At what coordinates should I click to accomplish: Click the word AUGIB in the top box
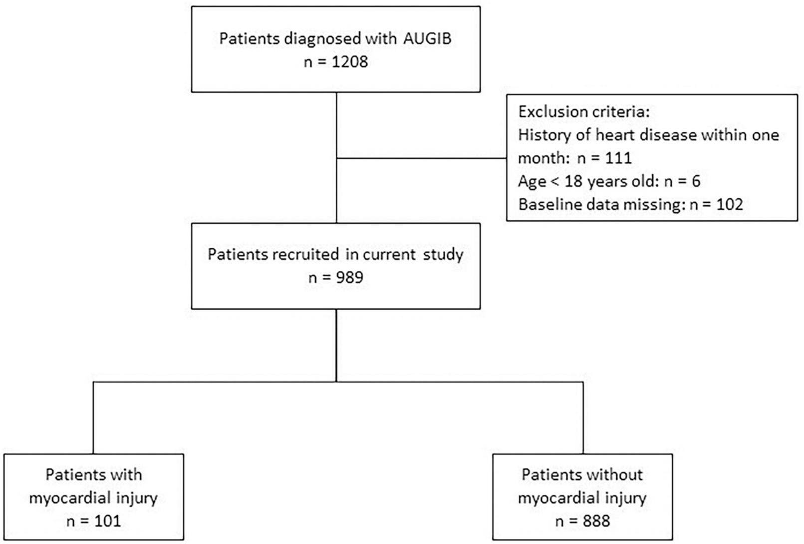pyautogui.click(x=427, y=38)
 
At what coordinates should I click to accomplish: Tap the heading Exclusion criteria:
pyautogui.click(x=584, y=111)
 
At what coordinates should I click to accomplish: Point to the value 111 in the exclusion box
pyautogui.click(x=618, y=158)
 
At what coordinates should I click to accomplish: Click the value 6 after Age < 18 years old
pyautogui.click(x=696, y=181)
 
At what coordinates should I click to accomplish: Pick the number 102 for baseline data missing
pyautogui.click(x=730, y=204)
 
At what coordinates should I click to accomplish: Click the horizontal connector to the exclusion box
pyautogui.click(x=422, y=158)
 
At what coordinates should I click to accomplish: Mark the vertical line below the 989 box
pyautogui.click(x=336, y=345)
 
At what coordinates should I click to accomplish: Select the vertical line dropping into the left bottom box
pyautogui.click(x=94, y=418)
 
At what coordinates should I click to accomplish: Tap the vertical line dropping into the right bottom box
pyautogui.click(x=583, y=418)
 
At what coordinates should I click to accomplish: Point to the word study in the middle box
pyautogui.click(x=443, y=254)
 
